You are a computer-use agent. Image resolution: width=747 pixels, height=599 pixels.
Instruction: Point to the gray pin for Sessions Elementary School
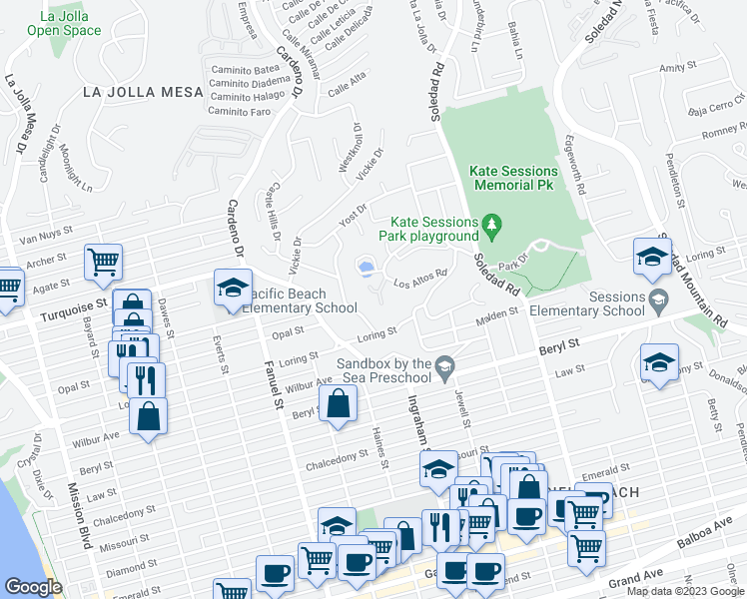658,299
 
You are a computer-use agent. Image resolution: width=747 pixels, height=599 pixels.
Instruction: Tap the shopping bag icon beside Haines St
339,404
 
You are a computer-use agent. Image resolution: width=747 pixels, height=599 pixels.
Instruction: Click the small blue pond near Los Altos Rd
366,268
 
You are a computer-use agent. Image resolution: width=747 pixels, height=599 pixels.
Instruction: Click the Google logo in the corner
33,587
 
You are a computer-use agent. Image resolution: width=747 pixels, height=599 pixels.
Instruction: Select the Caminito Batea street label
246,69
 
